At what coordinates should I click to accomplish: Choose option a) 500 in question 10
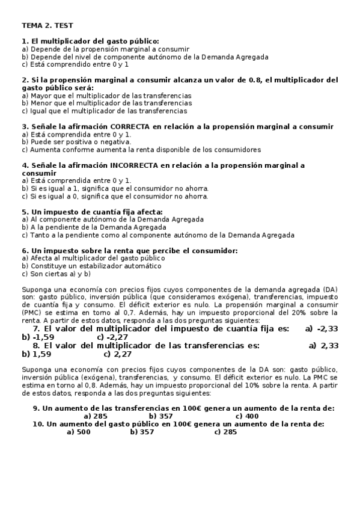pos(79,432)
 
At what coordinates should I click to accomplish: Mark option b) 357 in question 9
pos(160,416)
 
